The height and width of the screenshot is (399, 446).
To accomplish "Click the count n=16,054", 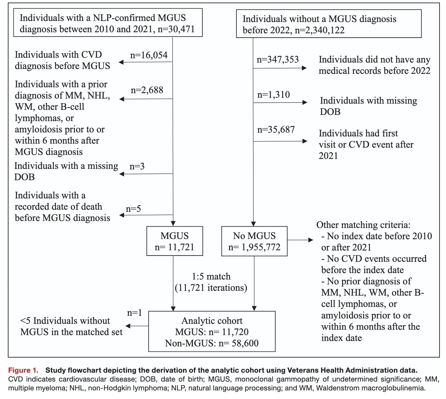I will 149,55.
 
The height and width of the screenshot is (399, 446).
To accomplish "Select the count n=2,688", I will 147,90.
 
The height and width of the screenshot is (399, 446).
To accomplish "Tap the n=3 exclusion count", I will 137,166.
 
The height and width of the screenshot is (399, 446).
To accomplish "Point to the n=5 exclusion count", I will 133,209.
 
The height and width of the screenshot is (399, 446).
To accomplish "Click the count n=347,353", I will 277,59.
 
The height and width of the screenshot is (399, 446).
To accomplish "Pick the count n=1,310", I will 273,95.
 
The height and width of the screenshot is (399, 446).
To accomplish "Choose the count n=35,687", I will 276,130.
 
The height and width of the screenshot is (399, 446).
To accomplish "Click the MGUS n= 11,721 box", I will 174,241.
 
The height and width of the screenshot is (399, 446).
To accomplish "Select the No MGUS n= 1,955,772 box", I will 254,241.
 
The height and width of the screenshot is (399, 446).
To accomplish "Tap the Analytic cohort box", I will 212,331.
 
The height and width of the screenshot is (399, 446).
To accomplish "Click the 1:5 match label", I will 211,277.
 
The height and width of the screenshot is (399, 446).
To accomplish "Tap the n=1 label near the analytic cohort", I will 134,313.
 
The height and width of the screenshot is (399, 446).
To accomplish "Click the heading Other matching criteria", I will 363,225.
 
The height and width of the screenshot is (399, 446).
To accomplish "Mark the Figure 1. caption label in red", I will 23,370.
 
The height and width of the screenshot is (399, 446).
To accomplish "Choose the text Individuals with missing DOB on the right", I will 368,106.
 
